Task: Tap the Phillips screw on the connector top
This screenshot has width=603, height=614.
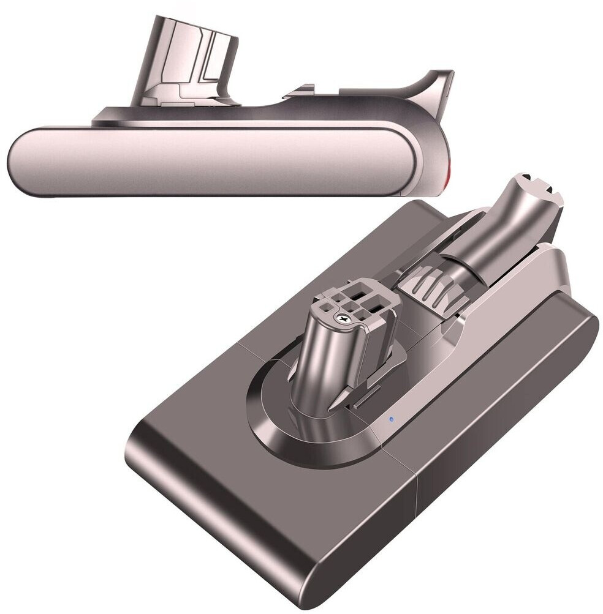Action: (x=343, y=319)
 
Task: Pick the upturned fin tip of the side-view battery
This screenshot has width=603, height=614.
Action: (x=444, y=80)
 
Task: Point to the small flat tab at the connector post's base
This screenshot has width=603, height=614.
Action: (x=368, y=404)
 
